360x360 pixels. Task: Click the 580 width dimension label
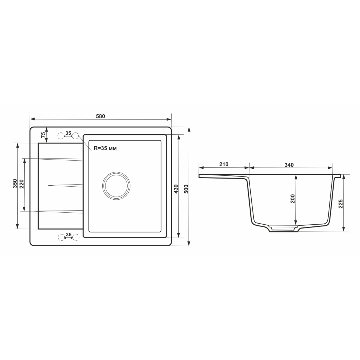101,116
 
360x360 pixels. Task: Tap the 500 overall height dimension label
186,189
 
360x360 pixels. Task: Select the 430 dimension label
176,189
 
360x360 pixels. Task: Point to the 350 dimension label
15,184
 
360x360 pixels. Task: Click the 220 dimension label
22,184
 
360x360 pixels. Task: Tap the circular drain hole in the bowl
116,185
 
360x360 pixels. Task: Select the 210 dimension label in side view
224,165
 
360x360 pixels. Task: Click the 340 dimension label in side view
289,165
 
